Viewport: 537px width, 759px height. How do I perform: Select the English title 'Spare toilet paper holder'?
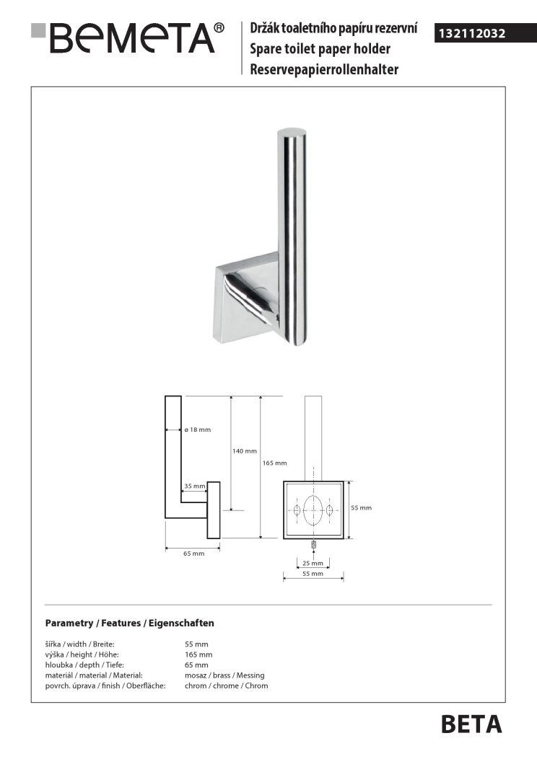point(320,49)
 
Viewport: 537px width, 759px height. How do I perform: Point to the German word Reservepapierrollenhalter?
point(324,69)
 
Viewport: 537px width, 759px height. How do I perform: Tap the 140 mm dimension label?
point(245,451)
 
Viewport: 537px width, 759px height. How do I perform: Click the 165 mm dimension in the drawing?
point(275,463)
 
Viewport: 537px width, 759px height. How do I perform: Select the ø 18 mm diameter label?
point(198,430)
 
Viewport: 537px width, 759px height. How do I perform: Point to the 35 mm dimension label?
point(194,487)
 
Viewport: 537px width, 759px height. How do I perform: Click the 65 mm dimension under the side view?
point(194,553)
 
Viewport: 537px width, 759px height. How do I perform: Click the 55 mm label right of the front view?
point(361,508)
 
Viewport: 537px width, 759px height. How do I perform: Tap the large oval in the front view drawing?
point(313,510)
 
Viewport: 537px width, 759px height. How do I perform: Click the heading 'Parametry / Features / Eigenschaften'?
point(129,623)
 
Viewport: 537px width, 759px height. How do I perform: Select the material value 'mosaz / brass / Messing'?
point(224,675)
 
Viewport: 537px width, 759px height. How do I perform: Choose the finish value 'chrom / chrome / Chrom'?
point(226,685)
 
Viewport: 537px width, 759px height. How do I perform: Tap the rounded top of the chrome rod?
point(291,130)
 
